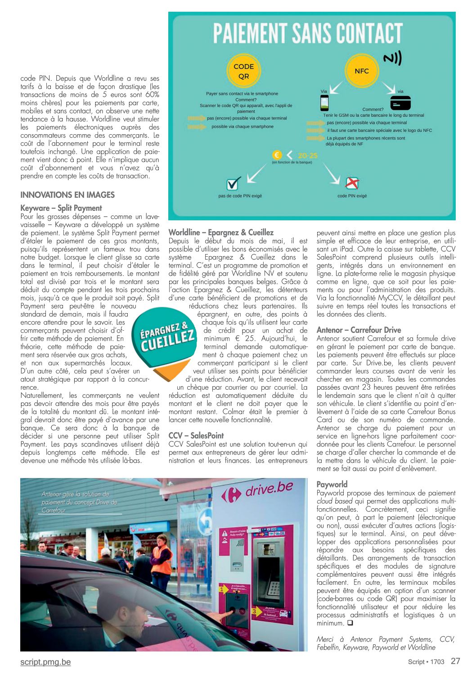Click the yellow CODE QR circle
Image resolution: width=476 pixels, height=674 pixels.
click(243, 71)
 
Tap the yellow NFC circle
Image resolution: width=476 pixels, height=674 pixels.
click(361, 71)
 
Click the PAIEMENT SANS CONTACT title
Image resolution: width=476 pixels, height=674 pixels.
click(308, 33)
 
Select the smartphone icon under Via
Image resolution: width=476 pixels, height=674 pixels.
click(324, 103)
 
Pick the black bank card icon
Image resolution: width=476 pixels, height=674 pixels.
click(400, 103)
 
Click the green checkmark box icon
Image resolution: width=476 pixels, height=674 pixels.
click(234, 183)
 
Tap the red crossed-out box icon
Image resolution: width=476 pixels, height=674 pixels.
click(352, 183)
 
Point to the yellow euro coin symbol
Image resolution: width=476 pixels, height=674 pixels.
click(278, 155)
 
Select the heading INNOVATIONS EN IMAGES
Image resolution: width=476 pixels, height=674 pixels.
click(67, 195)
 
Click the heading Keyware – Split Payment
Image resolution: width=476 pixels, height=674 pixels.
click(61, 208)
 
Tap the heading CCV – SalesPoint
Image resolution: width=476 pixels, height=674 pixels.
click(196, 436)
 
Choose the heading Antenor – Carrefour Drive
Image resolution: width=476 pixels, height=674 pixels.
click(359, 330)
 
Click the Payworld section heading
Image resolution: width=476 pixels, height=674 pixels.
click(332, 484)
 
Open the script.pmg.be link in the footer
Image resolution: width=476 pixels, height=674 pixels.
click(45, 662)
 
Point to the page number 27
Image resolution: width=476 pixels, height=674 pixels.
click(455, 661)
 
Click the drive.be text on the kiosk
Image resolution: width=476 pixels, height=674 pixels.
click(269, 490)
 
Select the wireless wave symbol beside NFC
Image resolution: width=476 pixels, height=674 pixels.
click(392, 58)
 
